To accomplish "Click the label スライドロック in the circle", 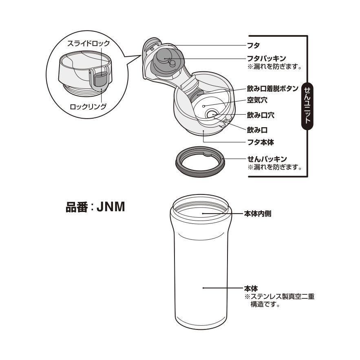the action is click(88, 43).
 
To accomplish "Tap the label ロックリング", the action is click(88, 106).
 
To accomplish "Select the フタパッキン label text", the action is click(266, 58).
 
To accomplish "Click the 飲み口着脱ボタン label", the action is click(272, 88).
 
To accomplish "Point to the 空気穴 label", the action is click(257, 100).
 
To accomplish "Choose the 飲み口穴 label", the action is click(261, 115).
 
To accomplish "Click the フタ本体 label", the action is click(261, 142).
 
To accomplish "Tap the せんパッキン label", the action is click(267, 159).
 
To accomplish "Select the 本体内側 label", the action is click(258, 214).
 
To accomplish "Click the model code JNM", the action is click(110, 207).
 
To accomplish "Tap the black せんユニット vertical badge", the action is click(307, 106).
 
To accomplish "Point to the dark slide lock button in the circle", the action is click(100, 79).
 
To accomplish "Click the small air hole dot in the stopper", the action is click(203, 106).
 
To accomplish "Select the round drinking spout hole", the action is click(212, 114).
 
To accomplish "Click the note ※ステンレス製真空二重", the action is click(279, 296).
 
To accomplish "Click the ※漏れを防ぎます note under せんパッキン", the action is click(274, 167).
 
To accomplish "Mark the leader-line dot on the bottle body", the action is click(203, 288).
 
